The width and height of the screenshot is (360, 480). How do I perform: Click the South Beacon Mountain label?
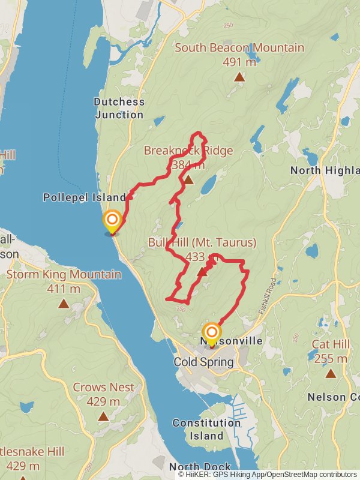[x=239, y=47]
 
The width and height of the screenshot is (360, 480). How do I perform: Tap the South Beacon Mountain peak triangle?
[x=239, y=77]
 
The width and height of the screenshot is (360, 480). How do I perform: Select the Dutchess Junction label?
[x=119, y=108]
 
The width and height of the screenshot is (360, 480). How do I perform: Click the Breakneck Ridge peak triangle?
[x=188, y=180]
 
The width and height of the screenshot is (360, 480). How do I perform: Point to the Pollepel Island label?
[x=85, y=197]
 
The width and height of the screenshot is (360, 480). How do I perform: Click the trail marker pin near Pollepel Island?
[x=112, y=221]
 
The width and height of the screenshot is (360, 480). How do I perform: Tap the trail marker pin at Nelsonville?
[x=212, y=333]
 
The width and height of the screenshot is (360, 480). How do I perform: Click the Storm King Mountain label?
[x=64, y=275]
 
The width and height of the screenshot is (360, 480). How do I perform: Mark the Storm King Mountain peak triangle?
[x=64, y=304]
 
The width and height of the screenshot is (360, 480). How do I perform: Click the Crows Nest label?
[x=104, y=388]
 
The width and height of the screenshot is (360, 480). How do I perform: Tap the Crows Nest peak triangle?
[x=104, y=416]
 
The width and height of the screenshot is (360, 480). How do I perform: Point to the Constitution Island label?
[x=206, y=429]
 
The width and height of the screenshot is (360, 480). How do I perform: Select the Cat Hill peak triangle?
[x=330, y=373]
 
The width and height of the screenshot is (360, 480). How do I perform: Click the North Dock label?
[x=200, y=467]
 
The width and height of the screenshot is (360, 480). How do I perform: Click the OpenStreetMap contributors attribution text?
[x=310, y=474]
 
